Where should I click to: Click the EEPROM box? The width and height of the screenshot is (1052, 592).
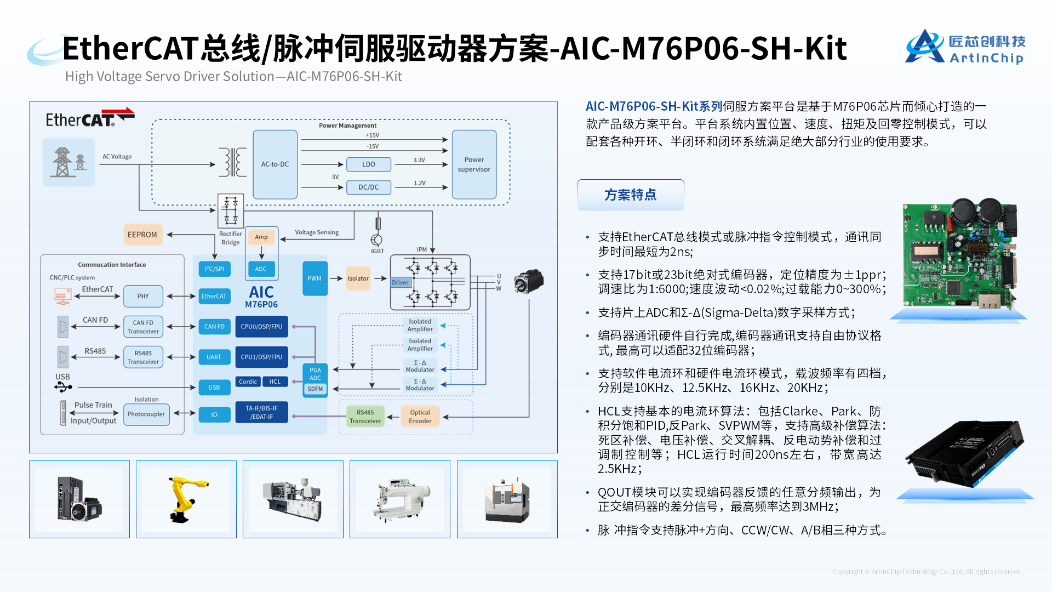click(x=142, y=235)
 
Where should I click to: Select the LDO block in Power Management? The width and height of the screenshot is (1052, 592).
click(x=369, y=164)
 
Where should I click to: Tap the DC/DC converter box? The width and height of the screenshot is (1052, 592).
click(x=369, y=187)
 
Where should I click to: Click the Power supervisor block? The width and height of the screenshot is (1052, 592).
click(x=474, y=164)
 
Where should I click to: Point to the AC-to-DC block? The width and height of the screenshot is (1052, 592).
click(x=275, y=164)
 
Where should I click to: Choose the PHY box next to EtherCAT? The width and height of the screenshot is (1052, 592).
click(x=143, y=296)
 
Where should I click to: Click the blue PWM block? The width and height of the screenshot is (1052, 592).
click(x=315, y=278)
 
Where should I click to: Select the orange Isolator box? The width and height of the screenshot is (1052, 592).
click(x=358, y=278)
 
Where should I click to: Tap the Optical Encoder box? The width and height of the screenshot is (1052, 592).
click(x=420, y=417)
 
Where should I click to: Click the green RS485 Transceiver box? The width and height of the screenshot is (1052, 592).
click(x=365, y=417)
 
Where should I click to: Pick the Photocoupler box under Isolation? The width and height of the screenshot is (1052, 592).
click(x=146, y=414)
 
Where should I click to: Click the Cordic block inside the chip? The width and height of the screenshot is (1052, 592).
click(x=248, y=382)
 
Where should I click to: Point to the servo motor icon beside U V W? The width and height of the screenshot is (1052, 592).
click(x=528, y=282)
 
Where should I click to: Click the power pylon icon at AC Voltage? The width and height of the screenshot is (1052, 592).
click(x=68, y=162)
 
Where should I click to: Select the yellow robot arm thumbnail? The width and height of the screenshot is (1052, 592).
click(x=186, y=499)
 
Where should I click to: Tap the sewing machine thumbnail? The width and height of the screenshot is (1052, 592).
click(x=400, y=499)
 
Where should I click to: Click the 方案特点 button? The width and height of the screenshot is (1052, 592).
click(x=631, y=195)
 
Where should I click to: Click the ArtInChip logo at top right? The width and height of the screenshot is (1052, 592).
click(x=965, y=47)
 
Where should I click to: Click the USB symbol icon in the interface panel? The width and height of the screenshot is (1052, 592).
click(x=63, y=388)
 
